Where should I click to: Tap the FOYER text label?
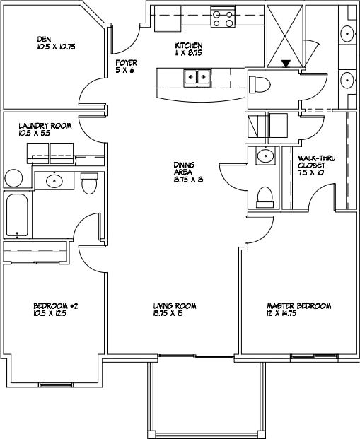pos(126,63)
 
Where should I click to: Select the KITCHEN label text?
pos(188,46)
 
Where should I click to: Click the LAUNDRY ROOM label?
pos(45,125)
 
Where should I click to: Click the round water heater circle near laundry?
pos(13,177)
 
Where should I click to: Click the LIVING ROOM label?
pos(174,305)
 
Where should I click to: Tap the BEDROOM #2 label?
pos(54,305)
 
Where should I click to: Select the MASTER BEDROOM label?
pos(298,305)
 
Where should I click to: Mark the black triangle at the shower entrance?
pos(286,64)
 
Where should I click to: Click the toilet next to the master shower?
pos(260,86)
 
